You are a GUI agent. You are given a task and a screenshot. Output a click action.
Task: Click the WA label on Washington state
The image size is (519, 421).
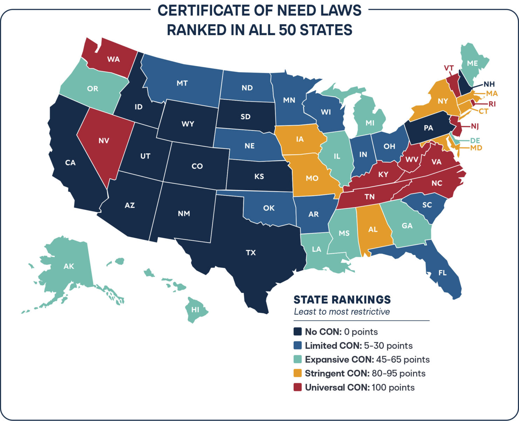pos(114,59)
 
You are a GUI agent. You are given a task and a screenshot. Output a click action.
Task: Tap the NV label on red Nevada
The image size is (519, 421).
pos(104,141)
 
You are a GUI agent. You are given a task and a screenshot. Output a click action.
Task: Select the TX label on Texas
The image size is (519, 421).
pos(251,253)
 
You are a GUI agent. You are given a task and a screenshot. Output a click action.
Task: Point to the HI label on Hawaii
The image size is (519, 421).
pos(195,310)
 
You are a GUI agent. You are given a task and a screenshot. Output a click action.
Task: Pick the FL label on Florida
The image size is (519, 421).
pos(443,273)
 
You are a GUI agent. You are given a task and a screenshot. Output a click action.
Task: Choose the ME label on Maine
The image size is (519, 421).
pos(472,63)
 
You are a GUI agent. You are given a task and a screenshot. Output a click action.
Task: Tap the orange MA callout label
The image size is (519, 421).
pos(492,94)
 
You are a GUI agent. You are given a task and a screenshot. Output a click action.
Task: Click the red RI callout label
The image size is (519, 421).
pos(492,104)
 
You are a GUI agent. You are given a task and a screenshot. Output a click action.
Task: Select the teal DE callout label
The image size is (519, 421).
pos(475,140)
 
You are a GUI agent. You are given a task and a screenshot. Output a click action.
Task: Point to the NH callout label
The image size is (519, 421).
pos(489,84)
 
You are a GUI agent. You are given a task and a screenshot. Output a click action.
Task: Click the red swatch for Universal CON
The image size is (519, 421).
pos(298,387)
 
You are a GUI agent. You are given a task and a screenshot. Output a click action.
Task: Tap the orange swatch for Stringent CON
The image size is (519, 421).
pos(298,373)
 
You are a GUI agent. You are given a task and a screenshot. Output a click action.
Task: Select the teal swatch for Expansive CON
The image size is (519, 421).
pos(298,360)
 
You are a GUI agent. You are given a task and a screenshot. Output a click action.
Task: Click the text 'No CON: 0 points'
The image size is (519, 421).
pos(341,332)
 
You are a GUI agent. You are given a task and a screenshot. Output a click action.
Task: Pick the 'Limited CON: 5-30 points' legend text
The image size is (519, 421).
pos(358,346)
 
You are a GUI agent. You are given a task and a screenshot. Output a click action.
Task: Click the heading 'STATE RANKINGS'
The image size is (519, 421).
pos(342,300)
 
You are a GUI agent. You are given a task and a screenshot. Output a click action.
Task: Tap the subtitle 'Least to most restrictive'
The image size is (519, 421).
pos(342,312)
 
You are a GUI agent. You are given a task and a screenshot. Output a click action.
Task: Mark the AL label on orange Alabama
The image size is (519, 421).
pos(373,229)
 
